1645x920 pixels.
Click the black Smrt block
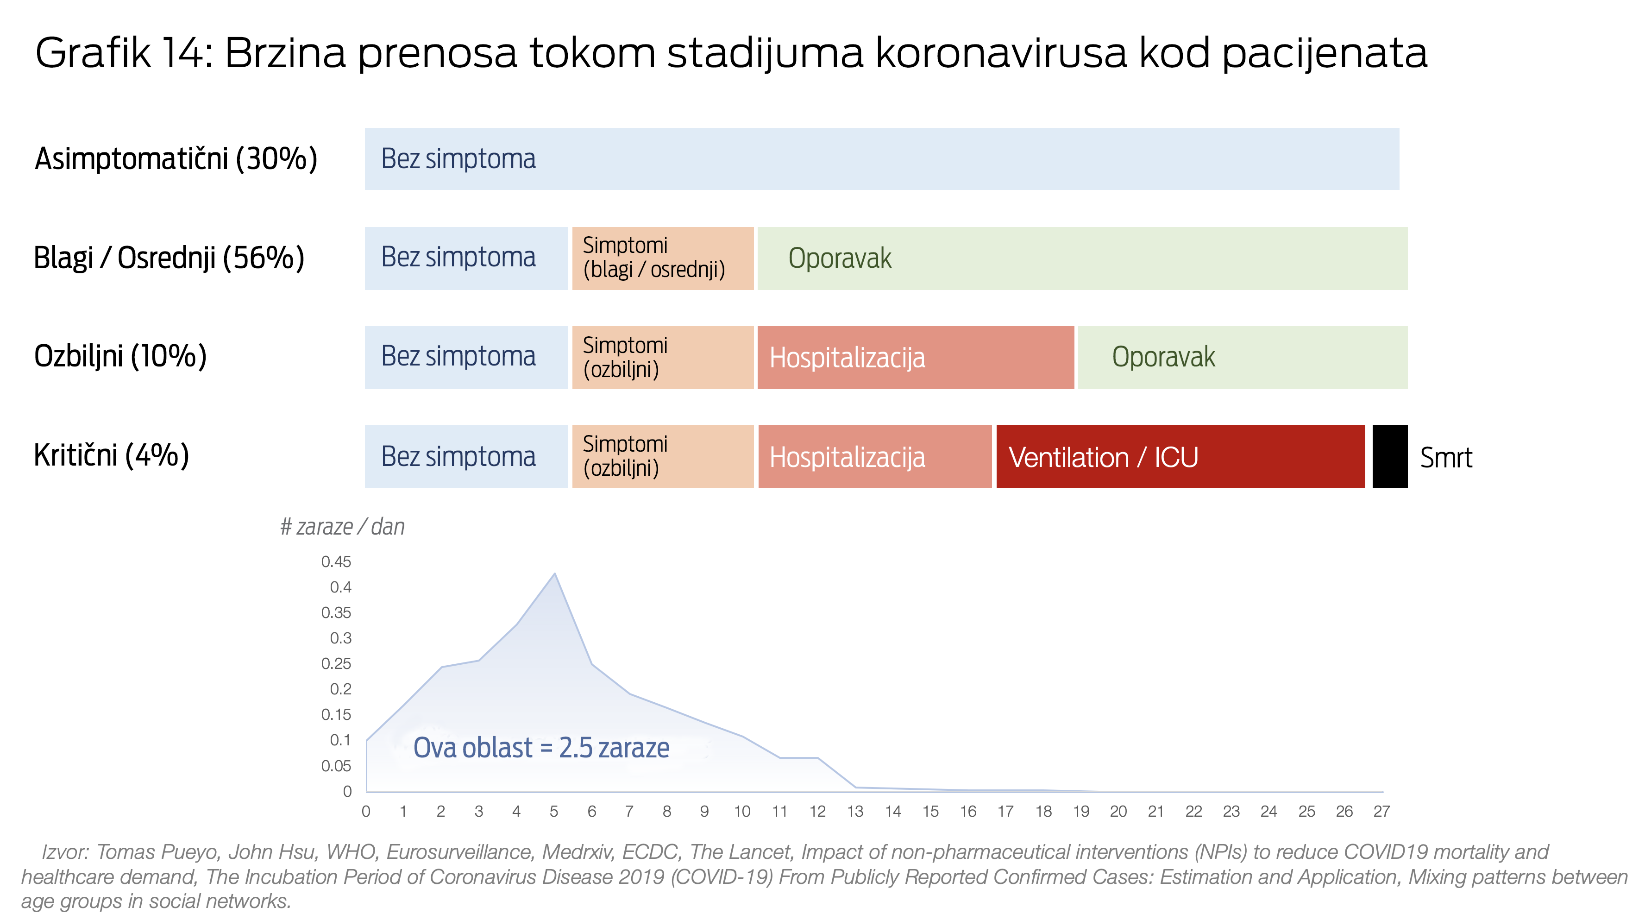click(x=1389, y=457)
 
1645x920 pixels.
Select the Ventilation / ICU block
click(x=1180, y=457)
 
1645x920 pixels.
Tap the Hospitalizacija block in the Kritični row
click(x=875, y=457)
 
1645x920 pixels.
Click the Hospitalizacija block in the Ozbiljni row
click(x=915, y=358)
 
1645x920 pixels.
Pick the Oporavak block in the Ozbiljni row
click(x=1242, y=358)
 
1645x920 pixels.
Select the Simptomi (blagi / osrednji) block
click(x=663, y=258)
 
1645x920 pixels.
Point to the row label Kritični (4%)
click(x=112, y=455)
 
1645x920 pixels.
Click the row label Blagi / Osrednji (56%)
click(x=169, y=258)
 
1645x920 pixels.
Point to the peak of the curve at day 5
click(x=555, y=573)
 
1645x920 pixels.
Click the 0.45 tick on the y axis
click(x=336, y=561)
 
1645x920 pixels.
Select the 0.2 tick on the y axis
click(x=340, y=689)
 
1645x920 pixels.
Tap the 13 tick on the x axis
click(x=855, y=812)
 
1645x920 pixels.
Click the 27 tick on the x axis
click(x=1381, y=812)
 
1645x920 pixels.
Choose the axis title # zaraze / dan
click(x=342, y=527)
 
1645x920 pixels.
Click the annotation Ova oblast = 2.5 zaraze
click(x=541, y=748)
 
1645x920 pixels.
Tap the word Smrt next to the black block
click(x=1446, y=457)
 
